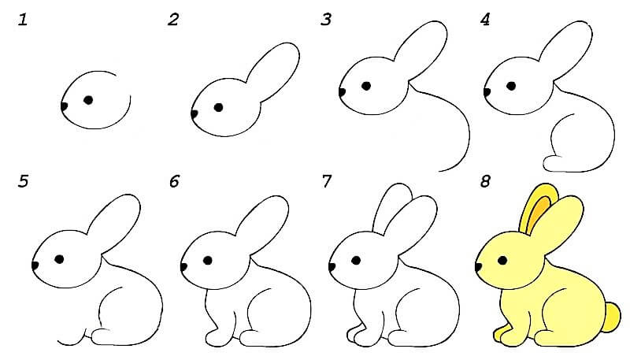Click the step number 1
coord(23,20)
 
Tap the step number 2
coord(173,20)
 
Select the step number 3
coord(326,20)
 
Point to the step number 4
coord(485,20)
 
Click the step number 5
coord(24,182)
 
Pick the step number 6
coord(174,182)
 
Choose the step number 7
coord(326,182)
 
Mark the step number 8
coord(485,182)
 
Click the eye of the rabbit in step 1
coord(88,100)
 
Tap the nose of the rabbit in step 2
coord(194,114)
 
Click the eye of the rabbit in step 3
coord(366,86)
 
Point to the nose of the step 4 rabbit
coord(487,92)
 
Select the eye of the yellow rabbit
coord(502,261)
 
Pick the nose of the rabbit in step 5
coord(35,265)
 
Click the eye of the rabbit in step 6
coord(208,261)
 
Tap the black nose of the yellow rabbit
coord(478,266)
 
